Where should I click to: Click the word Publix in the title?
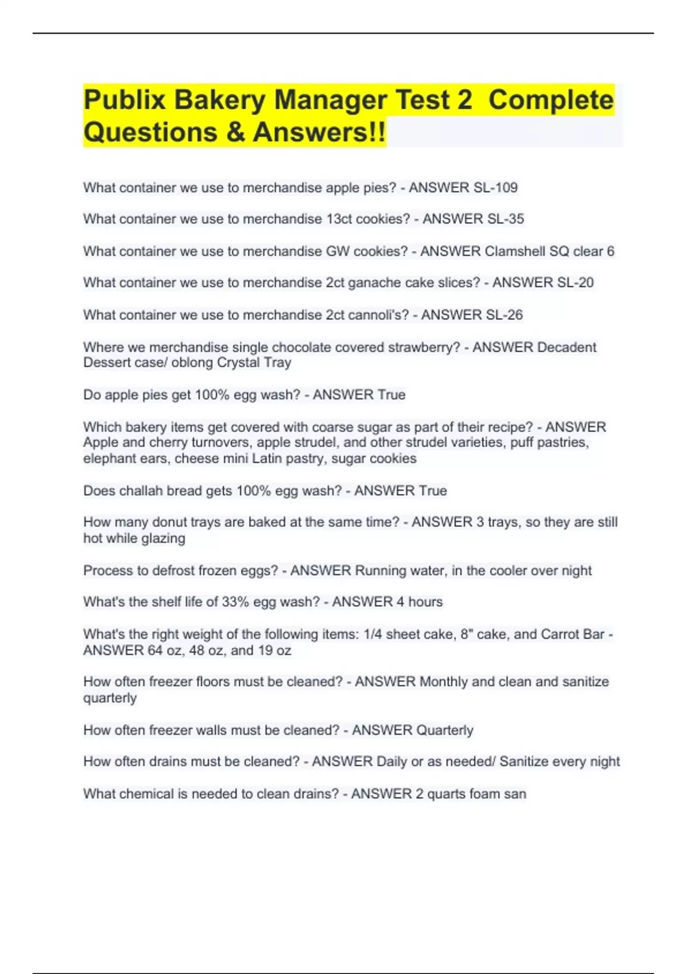point(124,101)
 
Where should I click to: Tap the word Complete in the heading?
point(551,101)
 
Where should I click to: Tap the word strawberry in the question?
point(424,347)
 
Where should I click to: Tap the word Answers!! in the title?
point(319,132)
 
